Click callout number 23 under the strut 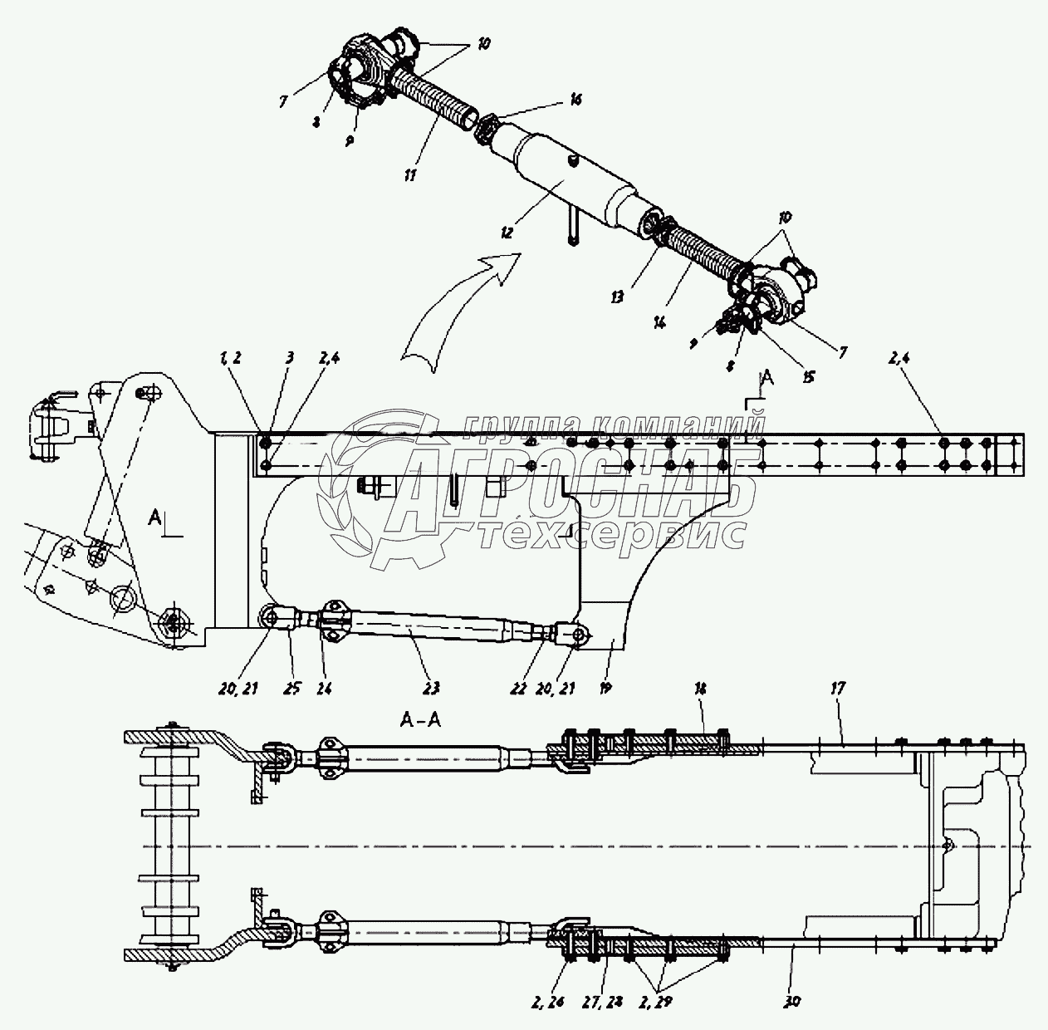pos(431,688)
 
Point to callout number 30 pos(792,1002)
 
